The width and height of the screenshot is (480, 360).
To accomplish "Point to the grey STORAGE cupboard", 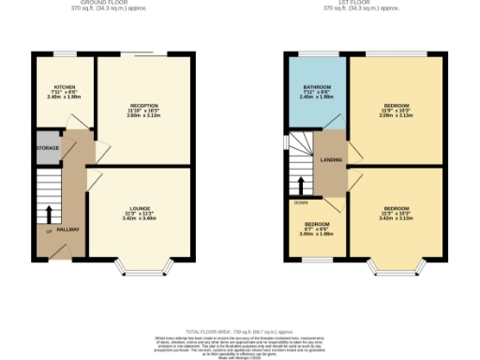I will (48, 148).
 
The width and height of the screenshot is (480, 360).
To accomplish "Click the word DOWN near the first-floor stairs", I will (302, 202).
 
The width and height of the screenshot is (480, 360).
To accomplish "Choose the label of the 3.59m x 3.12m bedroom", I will (395, 106).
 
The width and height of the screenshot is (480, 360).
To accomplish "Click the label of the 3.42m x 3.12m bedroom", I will (395, 209).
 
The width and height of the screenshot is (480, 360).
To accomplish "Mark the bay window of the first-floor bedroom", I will (395, 271).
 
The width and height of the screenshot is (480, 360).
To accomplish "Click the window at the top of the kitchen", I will (64, 53).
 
